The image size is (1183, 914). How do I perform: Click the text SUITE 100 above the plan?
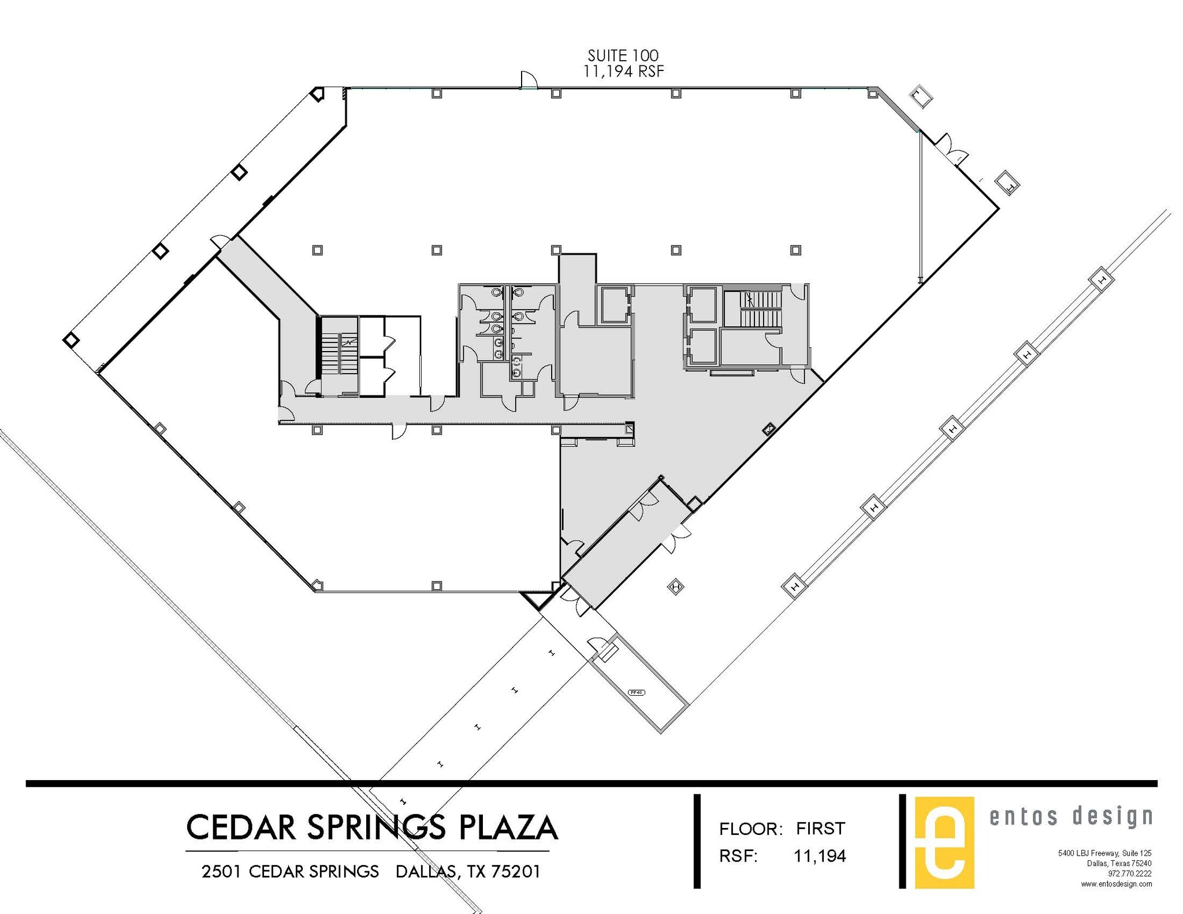click(623, 55)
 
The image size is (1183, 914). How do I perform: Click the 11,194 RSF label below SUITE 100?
click(623, 72)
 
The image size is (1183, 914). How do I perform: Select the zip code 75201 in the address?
click(515, 871)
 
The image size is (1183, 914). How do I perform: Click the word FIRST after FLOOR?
click(820, 829)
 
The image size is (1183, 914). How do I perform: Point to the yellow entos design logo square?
click(944, 842)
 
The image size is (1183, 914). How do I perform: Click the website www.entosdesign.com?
click(1116, 884)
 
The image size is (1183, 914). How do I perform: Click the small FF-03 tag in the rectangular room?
click(636, 692)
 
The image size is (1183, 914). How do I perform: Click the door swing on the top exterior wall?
click(529, 80)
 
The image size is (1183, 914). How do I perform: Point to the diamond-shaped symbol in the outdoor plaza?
click(675, 587)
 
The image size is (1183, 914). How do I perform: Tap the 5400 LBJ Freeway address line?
click(1104, 853)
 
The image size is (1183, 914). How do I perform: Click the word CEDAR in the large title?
click(242, 827)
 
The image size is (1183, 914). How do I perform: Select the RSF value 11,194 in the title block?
click(820, 856)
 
